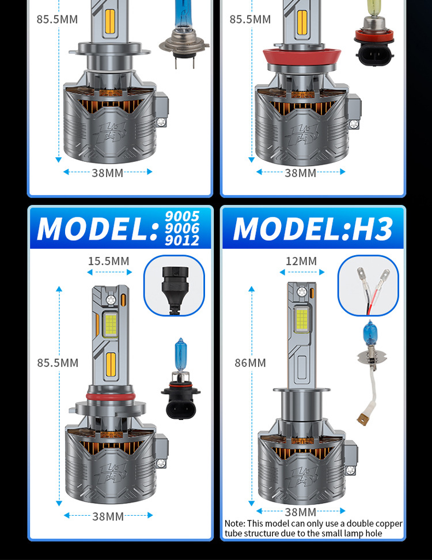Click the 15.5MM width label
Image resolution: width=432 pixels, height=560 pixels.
108,261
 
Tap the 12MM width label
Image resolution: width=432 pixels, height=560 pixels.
301,261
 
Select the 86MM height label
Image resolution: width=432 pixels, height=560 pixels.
250,363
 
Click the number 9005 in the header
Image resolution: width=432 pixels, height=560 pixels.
182,217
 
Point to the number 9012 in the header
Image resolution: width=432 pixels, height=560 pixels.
182,240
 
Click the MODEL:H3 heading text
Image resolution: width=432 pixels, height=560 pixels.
313,229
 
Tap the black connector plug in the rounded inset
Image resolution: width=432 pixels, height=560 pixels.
175,290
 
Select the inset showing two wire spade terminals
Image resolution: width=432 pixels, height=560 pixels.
368,286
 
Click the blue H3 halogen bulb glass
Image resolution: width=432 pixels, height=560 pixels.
370,333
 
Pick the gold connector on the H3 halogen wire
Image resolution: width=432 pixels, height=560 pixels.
363,419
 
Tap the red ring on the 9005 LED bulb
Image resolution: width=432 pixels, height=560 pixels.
111,396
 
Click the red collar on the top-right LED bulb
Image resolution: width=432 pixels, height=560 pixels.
302,58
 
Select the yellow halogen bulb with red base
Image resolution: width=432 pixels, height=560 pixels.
374,32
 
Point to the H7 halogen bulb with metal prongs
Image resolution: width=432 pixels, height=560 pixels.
184,34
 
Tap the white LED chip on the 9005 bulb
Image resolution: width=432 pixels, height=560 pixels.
111,324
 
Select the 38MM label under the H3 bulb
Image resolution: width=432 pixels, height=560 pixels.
301,512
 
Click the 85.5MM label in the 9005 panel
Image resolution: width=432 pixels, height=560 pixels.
58,363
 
